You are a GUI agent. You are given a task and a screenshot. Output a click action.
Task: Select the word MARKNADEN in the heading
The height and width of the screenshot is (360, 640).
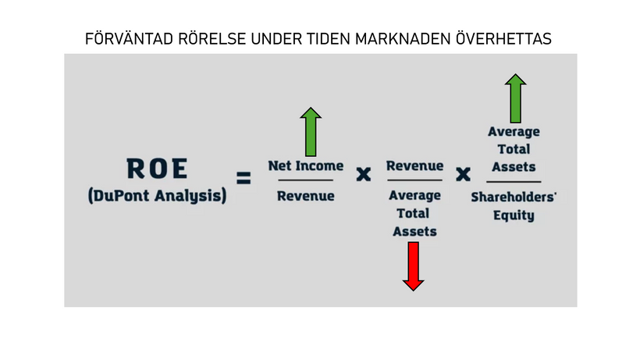click(x=404, y=39)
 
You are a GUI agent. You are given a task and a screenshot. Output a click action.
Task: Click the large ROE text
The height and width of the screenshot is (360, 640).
click(x=157, y=169)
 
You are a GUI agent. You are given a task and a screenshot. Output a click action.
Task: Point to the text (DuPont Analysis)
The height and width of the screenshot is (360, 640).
click(x=157, y=195)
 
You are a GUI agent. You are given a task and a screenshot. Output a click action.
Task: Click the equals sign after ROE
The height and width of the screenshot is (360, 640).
click(x=244, y=178)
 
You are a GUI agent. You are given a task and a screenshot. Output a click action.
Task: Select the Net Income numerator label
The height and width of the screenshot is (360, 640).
click(x=306, y=166)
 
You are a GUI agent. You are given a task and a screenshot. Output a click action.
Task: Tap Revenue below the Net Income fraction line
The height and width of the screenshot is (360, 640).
click(x=306, y=196)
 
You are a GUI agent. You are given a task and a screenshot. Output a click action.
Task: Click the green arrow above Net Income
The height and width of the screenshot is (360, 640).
click(x=311, y=132)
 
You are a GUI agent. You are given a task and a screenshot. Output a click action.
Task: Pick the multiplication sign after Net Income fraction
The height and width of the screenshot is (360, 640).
click(x=363, y=174)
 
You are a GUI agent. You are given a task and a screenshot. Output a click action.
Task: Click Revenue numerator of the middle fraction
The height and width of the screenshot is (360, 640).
click(x=414, y=166)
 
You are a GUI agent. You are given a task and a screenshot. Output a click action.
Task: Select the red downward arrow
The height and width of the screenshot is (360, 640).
click(x=414, y=266)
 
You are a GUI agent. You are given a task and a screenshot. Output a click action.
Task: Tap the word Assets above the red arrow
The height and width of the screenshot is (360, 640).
click(x=414, y=231)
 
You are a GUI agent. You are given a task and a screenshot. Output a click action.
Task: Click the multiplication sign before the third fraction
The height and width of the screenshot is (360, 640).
click(x=463, y=174)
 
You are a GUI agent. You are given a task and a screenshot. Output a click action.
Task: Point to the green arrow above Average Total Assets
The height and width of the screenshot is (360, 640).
click(x=515, y=98)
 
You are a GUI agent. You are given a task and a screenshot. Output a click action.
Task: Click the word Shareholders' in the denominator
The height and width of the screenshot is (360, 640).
click(x=514, y=197)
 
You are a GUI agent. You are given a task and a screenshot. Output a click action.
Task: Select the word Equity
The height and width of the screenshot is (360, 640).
click(x=514, y=215)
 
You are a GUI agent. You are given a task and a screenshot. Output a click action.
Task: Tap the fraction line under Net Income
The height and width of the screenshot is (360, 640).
click(x=306, y=180)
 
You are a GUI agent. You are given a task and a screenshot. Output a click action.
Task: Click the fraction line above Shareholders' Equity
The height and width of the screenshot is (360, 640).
click(x=514, y=182)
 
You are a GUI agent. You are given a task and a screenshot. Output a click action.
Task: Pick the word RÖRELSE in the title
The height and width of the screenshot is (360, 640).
click(x=212, y=39)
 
